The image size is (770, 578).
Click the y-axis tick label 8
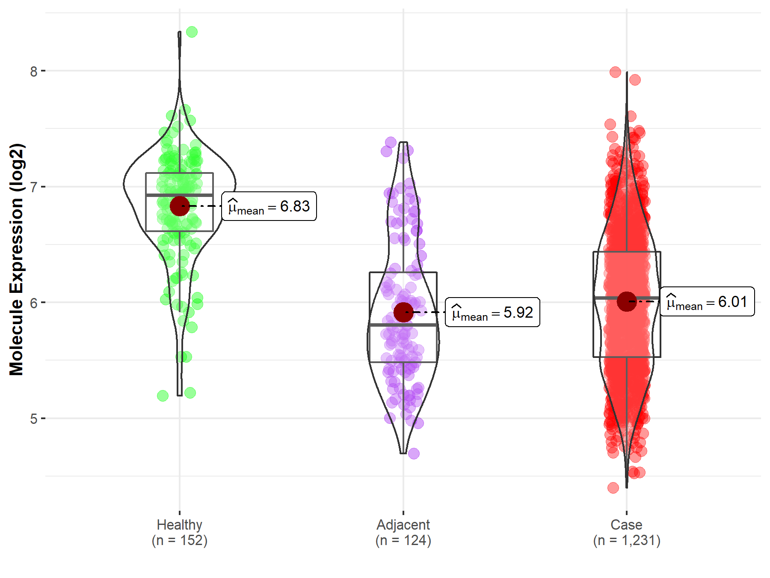(x=34, y=72)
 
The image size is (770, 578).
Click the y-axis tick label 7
(x=34, y=187)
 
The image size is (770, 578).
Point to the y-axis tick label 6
(x=34, y=303)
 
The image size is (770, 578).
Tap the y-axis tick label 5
(x=34, y=419)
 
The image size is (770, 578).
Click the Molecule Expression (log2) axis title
(x=16, y=259)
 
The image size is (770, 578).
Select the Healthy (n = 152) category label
(x=179, y=532)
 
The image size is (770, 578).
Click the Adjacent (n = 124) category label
(x=403, y=532)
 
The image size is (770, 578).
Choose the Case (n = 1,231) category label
(x=626, y=532)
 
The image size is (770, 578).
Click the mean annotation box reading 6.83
(x=269, y=206)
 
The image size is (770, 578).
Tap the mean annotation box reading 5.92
(x=492, y=312)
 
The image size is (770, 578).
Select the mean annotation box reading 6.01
(x=707, y=301)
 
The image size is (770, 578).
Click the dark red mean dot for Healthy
(x=180, y=206)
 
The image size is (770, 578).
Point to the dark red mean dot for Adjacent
(x=403, y=312)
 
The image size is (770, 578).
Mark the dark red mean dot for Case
(x=627, y=301)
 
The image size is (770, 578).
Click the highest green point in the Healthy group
(x=192, y=32)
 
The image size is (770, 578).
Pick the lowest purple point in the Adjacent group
(x=414, y=453)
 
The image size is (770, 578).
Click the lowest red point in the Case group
(x=613, y=488)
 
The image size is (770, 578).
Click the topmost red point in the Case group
(x=615, y=72)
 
